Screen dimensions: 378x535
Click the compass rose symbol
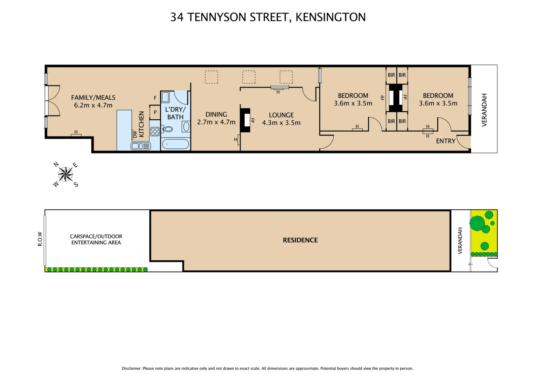click(x=65, y=174)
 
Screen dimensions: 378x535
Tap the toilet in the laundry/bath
click(x=168, y=129)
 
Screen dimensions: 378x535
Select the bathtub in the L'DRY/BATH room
click(x=175, y=144)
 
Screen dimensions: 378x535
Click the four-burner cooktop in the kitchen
click(x=155, y=132)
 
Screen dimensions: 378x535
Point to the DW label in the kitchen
click(x=135, y=134)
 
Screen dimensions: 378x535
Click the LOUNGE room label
click(x=281, y=115)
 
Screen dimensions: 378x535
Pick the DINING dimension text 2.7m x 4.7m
click(x=216, y=122)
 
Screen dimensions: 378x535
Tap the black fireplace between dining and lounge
click(x=245, y=120)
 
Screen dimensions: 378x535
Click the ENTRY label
click(x=445, y=141)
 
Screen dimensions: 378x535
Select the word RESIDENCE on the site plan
click(x=300, y=240)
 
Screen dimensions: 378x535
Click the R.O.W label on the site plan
click(x=40, y=239)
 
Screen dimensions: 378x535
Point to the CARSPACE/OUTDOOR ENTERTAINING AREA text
click(x=96, y=239)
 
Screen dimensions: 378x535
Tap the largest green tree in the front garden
click(x=477, y=223)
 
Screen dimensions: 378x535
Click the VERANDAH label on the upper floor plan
click(x=484, y=110)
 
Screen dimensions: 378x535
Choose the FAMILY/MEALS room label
click(x=93, y=98)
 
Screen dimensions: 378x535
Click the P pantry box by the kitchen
click(x=155, y=112)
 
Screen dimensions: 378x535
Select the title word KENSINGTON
click(x=331, y=17)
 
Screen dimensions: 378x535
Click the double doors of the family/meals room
click(x=52, y=100)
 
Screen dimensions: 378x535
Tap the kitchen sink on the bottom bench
click(x=137, y=146)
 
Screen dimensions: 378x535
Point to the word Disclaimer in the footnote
click(x=131, y=368)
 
